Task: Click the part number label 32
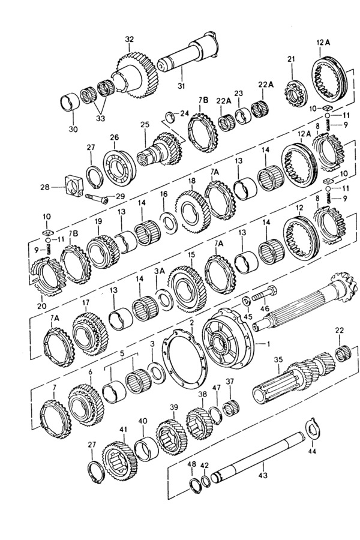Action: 129,39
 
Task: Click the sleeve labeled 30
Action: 70,101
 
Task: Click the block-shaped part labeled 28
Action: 74,187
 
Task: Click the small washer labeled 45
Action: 247,301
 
